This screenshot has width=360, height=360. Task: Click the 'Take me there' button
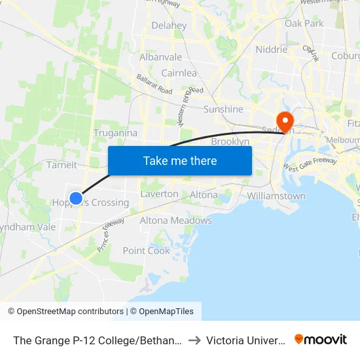tap(180, 160)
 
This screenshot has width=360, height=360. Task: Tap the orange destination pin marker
tap(285, 121)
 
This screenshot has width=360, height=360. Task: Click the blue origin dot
tap(76, 198)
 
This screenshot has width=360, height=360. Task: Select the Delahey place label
tap(169, 26)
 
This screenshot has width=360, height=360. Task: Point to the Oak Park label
tap(304, 24)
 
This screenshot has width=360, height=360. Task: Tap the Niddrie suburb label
tap(272, 50)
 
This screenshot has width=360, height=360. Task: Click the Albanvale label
tap(160, 57)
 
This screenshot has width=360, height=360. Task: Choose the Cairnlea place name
tap(179, 73)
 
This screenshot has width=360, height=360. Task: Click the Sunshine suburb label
tap(223, 109)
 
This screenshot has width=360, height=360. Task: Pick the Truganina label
tap(115, 133)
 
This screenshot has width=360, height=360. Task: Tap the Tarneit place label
tap(62, 165)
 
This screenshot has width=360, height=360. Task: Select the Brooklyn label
tap(230, 141)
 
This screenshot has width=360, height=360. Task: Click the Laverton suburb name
tap(159, 194)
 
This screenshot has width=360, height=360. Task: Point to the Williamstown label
tap(276, 196)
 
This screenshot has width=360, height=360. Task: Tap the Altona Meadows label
tap(176, 221)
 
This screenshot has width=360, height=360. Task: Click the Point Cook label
tap(147, 251)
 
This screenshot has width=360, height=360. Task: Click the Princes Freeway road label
tap(111, 234)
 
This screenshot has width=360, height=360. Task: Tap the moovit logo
tap(321, 339)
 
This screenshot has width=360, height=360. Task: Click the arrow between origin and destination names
tap(195, 340)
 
